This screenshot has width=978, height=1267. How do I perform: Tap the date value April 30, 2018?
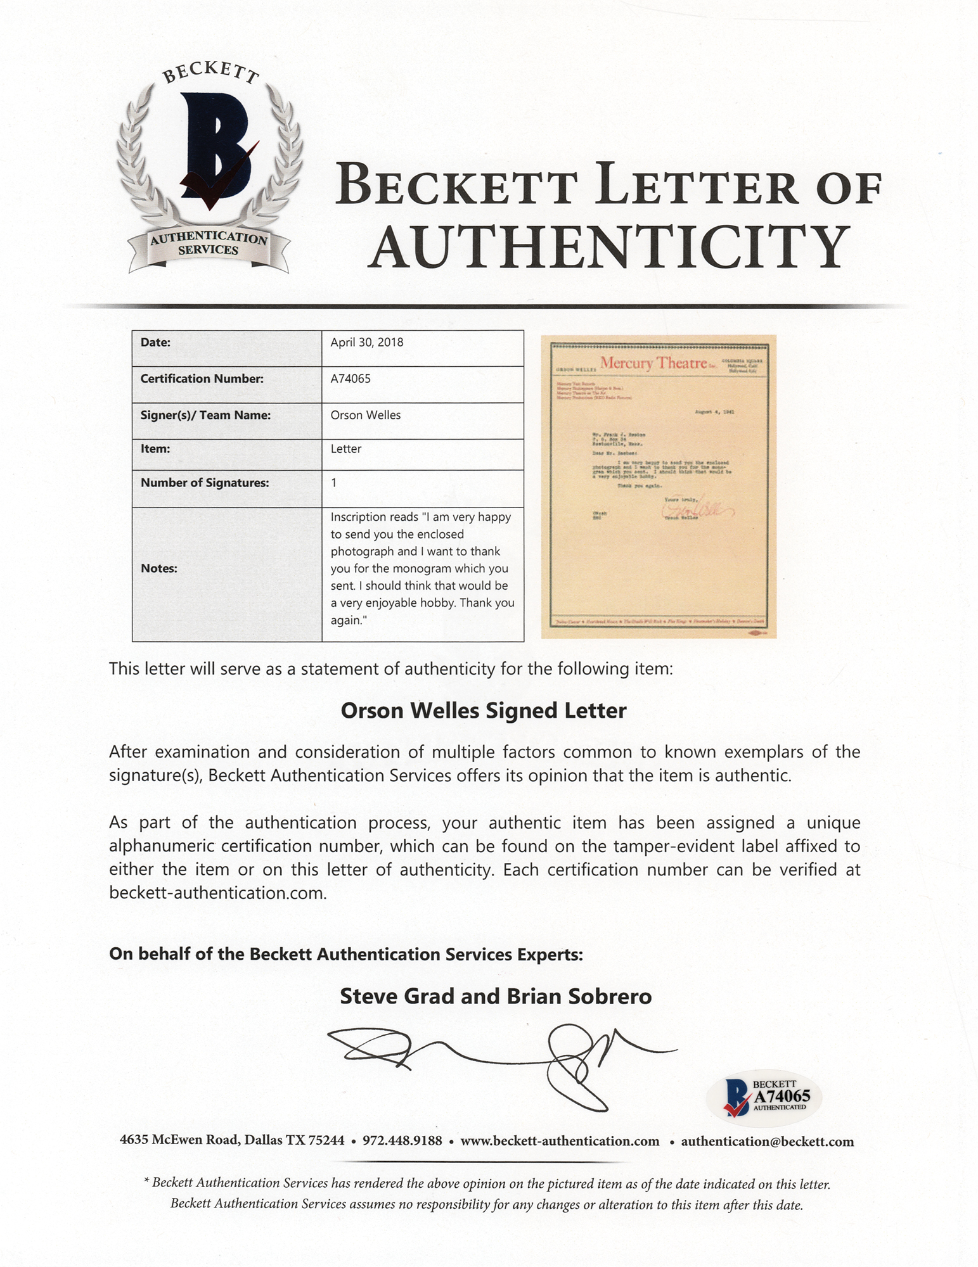367,343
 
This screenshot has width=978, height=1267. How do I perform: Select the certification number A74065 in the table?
351,379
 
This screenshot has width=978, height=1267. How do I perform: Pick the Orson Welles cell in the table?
366,416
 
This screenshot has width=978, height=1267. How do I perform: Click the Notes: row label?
158,568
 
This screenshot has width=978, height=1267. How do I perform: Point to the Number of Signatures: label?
205,483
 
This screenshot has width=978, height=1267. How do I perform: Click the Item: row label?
155,449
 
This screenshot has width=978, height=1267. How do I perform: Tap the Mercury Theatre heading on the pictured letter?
653,363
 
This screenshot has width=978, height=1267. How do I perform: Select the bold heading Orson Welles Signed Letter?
484,711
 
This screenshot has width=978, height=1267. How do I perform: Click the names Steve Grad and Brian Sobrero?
496,996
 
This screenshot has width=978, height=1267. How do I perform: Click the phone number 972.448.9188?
402,1141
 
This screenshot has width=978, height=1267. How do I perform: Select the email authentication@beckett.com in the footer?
767,1142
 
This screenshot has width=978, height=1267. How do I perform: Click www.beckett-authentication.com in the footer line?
560,1141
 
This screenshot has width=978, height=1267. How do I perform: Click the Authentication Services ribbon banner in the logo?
209,245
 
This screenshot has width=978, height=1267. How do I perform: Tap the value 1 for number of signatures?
334,483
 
